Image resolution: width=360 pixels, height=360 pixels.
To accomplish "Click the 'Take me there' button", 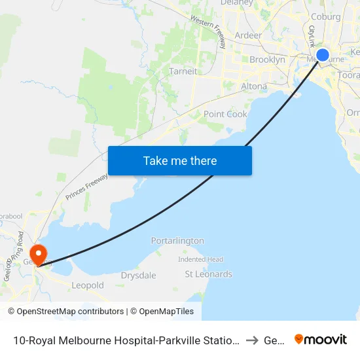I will (x=179, y=160).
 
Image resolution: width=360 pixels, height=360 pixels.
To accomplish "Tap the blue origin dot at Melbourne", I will (x=323, y=55).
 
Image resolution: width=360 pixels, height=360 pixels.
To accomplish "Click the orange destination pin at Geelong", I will (x=39, y=254).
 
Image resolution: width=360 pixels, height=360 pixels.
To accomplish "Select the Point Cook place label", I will (x=225, y=114).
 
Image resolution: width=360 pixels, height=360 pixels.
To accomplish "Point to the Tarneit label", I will (x=183, y=71).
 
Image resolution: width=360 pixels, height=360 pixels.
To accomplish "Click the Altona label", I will (x=254, y=86).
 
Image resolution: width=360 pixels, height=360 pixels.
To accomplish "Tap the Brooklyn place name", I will (x=267, y=60).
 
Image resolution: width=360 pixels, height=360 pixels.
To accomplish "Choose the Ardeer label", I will (x=247, y=35).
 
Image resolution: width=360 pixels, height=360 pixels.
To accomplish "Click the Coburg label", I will (x=326, y=17).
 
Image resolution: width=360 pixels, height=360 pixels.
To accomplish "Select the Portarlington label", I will (x=177, y=241).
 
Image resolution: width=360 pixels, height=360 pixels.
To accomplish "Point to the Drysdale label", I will (x=138, y=276).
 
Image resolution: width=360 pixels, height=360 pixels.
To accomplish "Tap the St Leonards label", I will (x=208, y=274).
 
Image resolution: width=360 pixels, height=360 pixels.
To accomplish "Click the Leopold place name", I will (x=88, y=285).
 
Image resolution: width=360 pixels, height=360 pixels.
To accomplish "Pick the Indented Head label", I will (x=201, y=259).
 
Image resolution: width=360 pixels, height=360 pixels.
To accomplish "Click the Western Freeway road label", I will (x=209, y=31).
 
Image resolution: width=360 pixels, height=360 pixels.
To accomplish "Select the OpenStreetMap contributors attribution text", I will (x=65, y=312).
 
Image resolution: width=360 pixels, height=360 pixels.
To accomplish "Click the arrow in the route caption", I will (x=252, y=340).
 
